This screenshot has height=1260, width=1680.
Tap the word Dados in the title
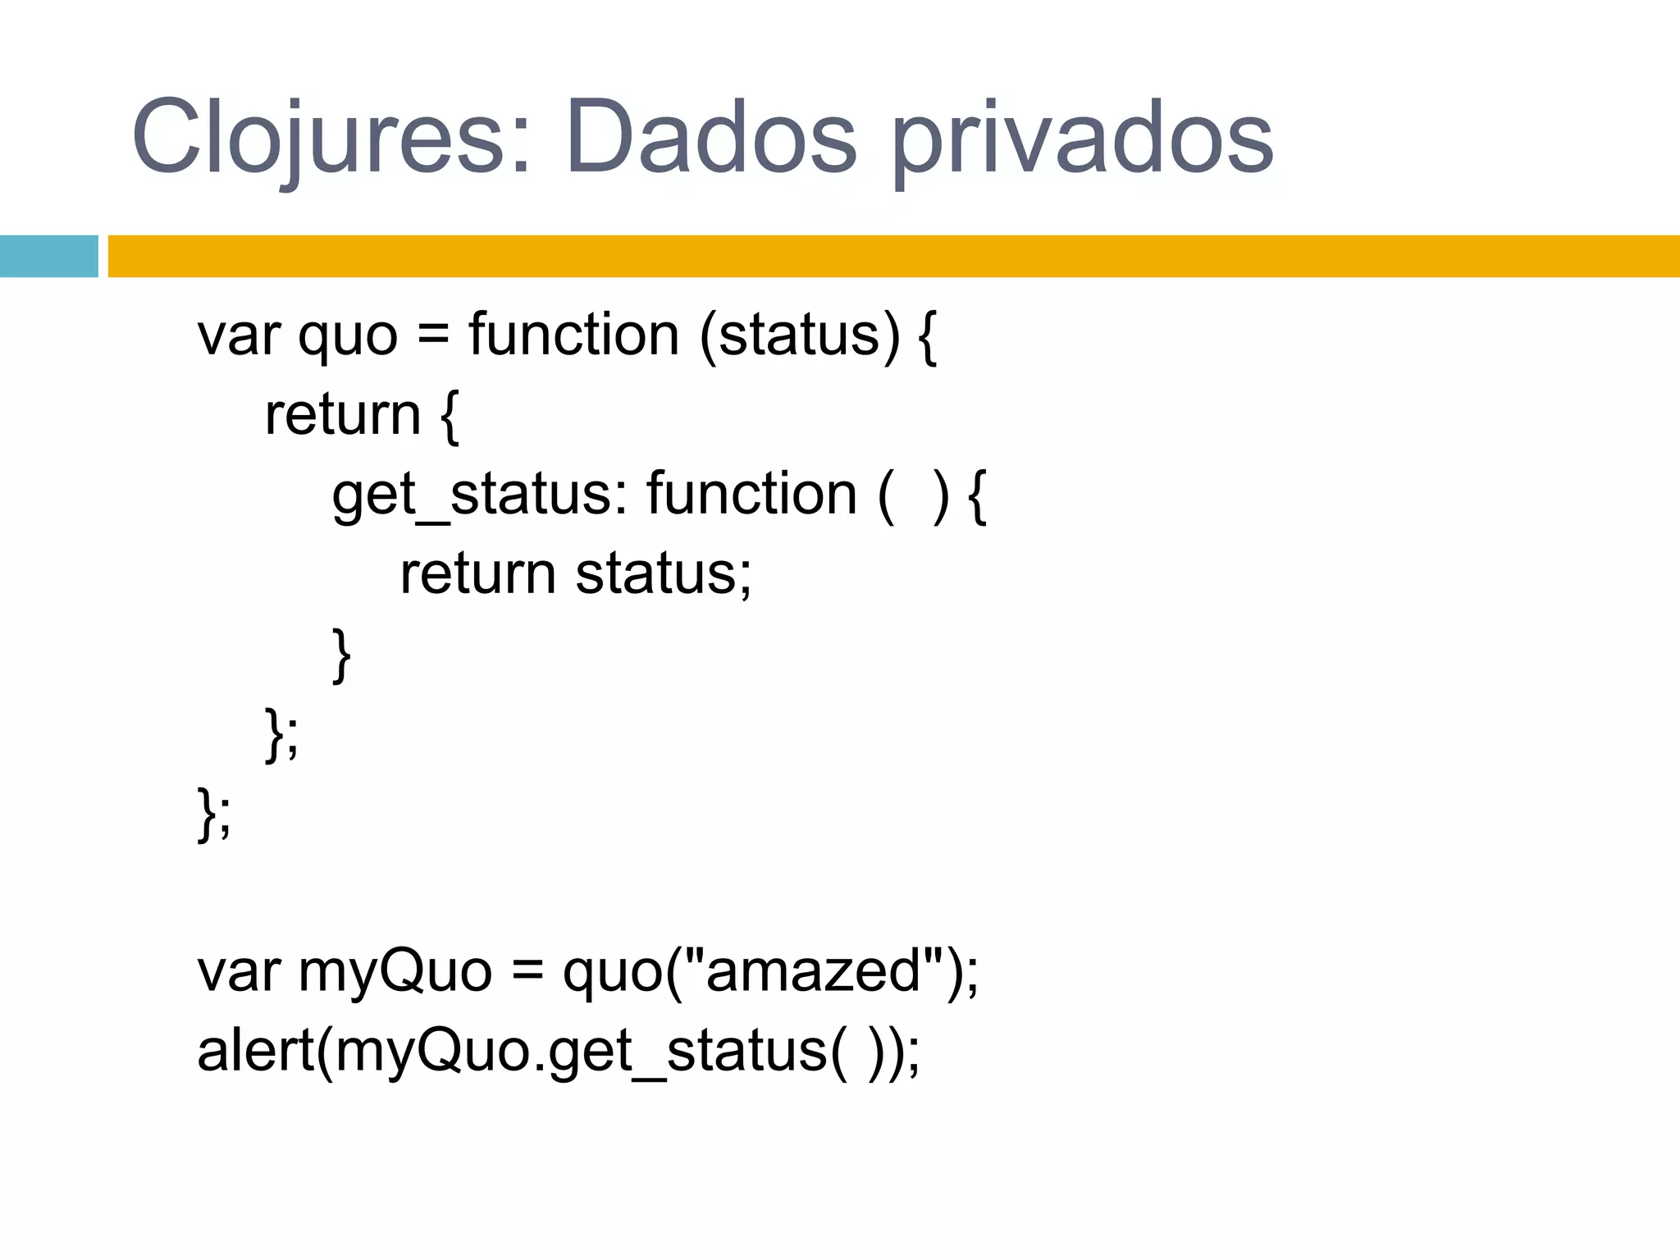[x=710, y=138]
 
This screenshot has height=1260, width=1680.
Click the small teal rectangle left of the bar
[x=48, y=256]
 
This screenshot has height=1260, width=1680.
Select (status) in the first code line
[x=800, y=336]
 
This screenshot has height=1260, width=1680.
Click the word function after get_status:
[x=751, y=494]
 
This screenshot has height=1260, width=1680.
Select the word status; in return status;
[x=663, y=574]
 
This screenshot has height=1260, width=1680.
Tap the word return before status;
[x=478, y=574]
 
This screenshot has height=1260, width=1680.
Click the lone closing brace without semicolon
[x=341, y=655]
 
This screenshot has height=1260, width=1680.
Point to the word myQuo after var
[x=395, y=971]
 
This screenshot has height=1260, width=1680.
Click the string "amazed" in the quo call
[x=813, y=971]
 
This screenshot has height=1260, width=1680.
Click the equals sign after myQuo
[x=527, y=973]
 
